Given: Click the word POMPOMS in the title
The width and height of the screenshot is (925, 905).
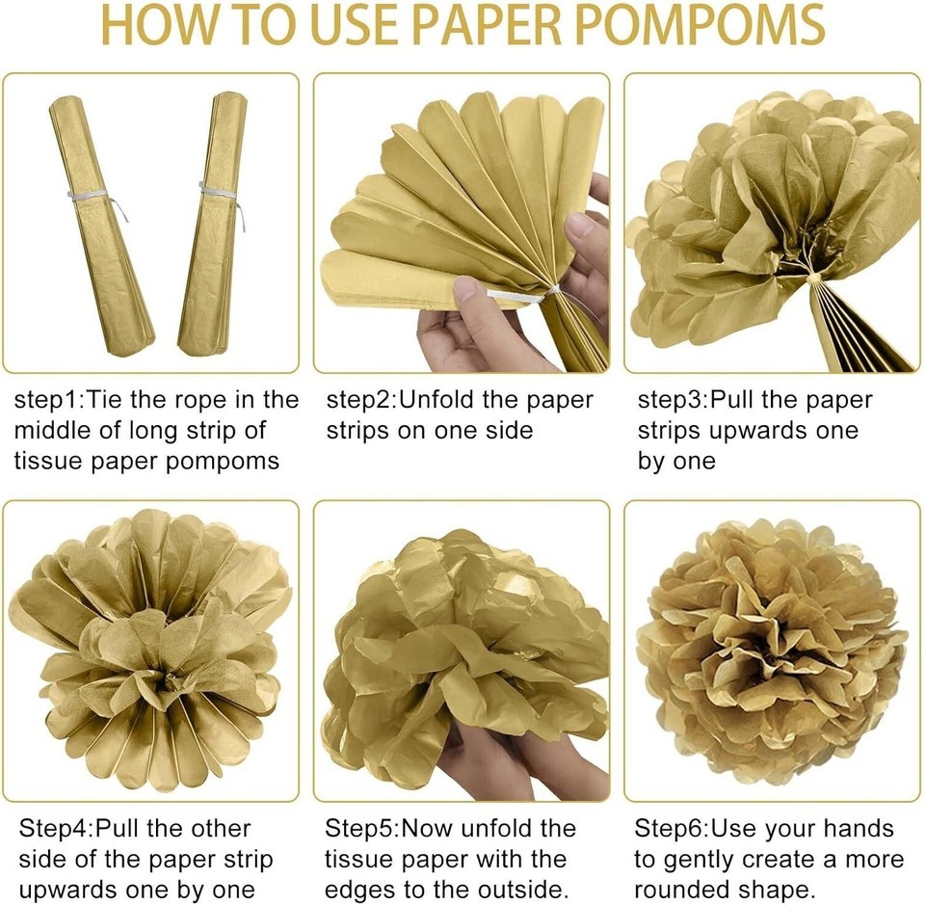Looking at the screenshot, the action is [700, 25].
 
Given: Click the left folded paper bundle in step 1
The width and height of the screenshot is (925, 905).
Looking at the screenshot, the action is [101, 225].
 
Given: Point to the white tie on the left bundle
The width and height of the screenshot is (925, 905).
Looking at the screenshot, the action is [94, 199].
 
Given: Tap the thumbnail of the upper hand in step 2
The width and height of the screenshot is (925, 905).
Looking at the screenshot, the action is [580, 225].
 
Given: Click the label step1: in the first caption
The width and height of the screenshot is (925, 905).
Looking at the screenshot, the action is [49, 401].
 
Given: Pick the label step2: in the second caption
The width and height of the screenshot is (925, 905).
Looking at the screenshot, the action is [362, 401].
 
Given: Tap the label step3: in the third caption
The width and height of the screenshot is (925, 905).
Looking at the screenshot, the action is [674, 401].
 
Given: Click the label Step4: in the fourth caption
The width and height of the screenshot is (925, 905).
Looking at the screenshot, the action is [56, 829].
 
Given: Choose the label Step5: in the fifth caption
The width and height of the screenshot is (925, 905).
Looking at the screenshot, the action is [362, 829].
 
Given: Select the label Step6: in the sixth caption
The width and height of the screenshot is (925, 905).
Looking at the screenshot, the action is [672, 829].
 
